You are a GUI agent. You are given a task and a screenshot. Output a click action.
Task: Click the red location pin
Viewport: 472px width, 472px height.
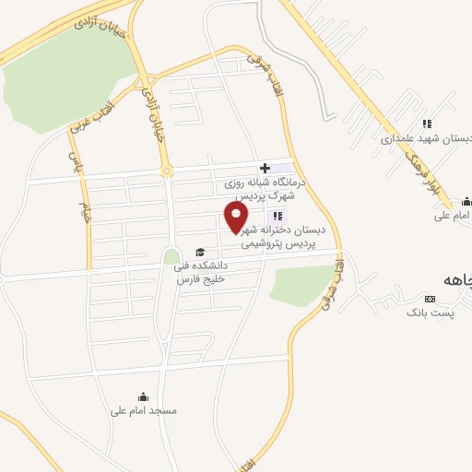pyautogui.click(x=237, y=217)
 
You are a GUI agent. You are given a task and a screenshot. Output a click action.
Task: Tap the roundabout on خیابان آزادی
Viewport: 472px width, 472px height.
pyautogui.click(x=167, y=171)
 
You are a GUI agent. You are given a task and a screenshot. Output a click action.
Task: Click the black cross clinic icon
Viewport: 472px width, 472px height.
pyautogui.click(x=265, y=168)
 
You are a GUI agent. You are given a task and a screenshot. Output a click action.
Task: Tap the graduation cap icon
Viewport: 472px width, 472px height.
pyautogui.click(x=199, y=252)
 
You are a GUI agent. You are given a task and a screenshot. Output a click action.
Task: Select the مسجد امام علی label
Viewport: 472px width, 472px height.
pyautogui.click(x=143, y=410)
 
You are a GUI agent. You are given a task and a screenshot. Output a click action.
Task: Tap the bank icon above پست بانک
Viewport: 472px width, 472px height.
pyautogui.click(x=429, y=299)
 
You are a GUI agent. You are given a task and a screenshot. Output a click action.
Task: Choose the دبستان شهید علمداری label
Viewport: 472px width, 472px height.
pyautogui.click(x=426, y=139)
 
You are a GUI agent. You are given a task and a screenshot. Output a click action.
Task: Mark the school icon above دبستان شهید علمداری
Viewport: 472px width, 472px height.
pyautogui.click(x=426, y=124)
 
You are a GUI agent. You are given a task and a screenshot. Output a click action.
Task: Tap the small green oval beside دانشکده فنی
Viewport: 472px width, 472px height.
pyautogui.click(x=171, y=255)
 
